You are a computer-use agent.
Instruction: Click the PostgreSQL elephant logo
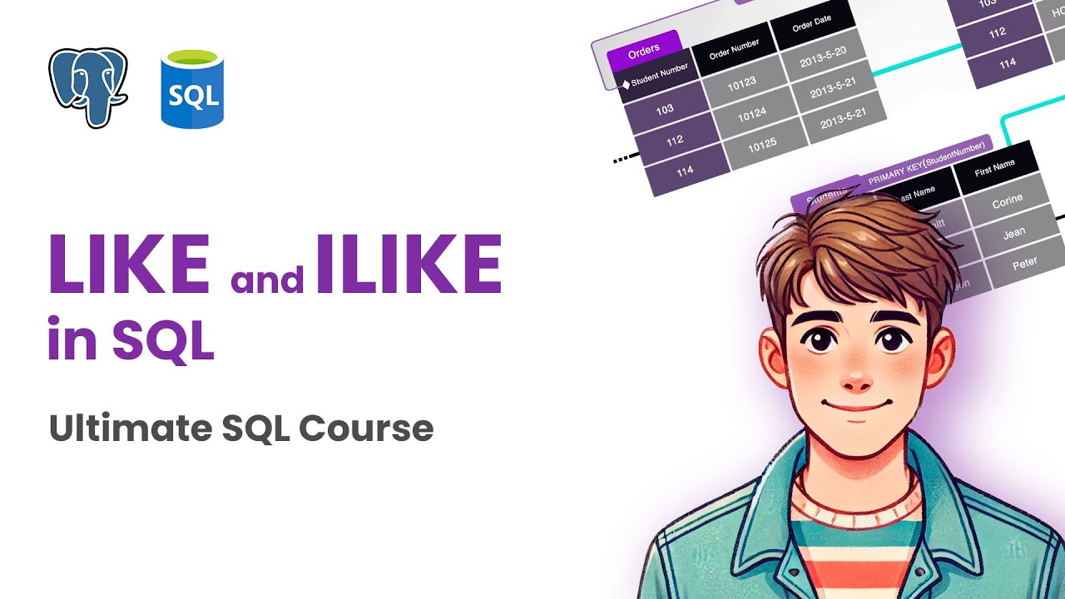pyautogui.click(x=87, y=87)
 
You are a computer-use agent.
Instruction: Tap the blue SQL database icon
pyautogui.click(x=194, y=90)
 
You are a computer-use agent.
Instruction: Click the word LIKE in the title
pyautogui.click(x=129, y=265)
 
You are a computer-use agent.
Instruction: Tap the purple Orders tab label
pyautogui.click(x=644, y=52)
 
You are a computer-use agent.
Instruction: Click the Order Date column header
pyautogui.click(x=812, y=25)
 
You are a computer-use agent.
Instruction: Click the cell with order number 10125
pyautogui.click(x=762, y=145)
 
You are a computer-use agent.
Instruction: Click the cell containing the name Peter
pyautogui.click(x=1024, y=264)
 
